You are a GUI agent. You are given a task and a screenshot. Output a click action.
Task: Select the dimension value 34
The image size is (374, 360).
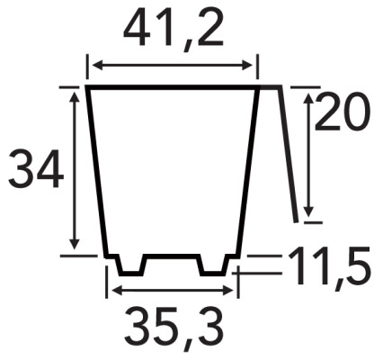click(36, 169)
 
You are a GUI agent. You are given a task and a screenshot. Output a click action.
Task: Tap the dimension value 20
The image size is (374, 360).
click(341, 112)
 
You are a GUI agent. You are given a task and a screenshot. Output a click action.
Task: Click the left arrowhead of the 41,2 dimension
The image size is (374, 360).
click(98, 65)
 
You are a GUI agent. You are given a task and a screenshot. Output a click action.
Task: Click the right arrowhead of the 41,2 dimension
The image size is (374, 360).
click(247, 65)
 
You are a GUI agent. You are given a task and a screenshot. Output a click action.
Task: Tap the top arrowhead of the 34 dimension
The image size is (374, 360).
click(75, 97)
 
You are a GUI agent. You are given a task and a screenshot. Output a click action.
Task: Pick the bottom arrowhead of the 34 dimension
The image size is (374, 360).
click(75, 244)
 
